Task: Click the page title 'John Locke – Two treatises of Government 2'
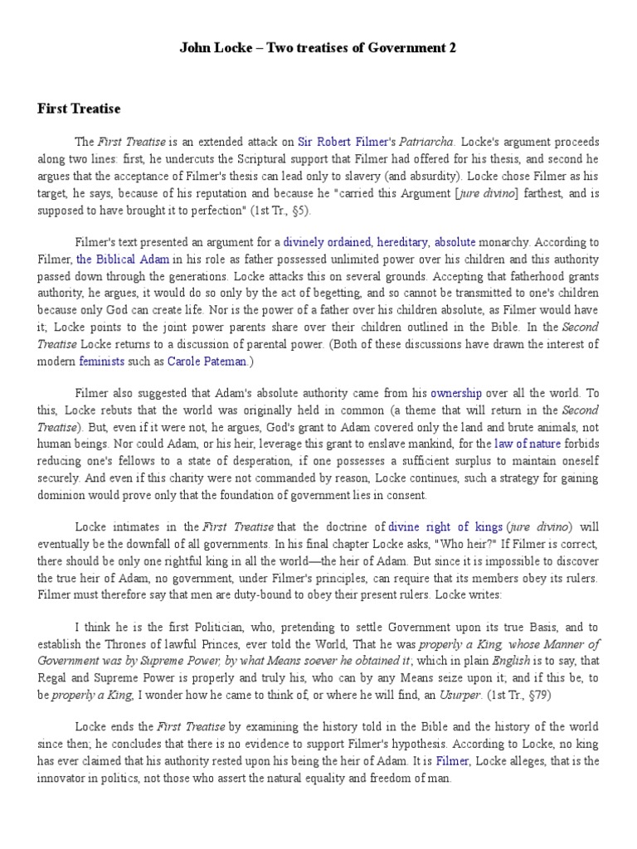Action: coord(318,48)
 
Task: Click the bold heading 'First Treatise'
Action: coord(79,109)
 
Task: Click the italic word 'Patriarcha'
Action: coord(426,142)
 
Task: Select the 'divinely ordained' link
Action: coord(327,243)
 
